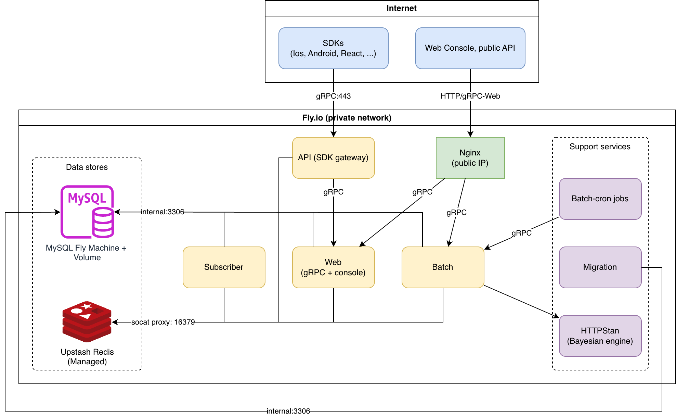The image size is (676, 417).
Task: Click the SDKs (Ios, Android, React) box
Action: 333,48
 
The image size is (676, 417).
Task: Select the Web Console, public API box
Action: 470,48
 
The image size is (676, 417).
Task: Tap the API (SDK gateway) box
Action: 333,158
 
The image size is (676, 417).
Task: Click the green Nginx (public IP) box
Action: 470,158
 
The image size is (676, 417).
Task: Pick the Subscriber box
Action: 224,267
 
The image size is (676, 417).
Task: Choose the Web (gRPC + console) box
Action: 333,267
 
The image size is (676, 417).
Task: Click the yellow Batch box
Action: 443,267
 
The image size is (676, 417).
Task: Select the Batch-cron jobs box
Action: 600,199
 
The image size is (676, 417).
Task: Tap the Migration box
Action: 600,267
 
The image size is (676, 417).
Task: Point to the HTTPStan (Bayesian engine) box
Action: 600,336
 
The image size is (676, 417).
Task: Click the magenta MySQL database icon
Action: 87,212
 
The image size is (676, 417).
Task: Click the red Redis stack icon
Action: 87,322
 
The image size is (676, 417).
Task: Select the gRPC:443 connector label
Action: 333,96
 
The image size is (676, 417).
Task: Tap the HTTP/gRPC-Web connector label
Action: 470,96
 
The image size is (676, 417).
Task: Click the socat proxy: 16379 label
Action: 163,322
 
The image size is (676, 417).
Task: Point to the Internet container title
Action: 401,8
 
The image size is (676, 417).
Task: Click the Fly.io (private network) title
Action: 347,118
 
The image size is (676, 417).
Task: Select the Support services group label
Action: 600,147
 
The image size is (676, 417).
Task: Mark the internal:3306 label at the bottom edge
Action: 288,411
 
